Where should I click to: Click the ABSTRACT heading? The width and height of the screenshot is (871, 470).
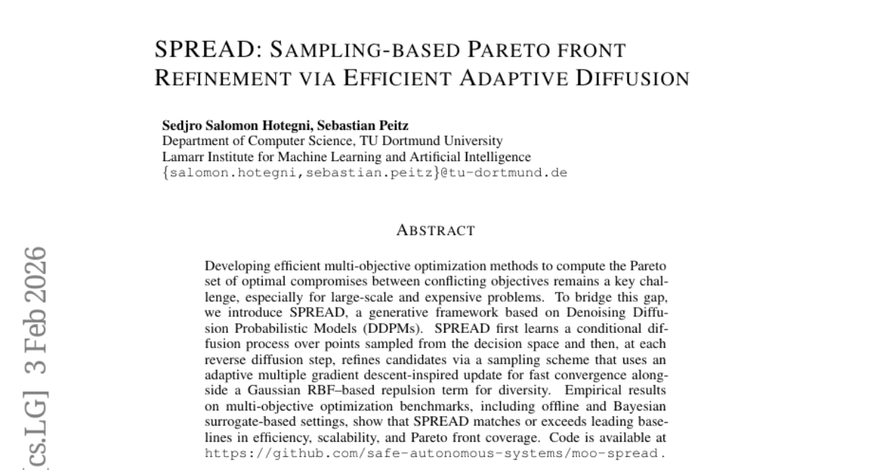(435, 231)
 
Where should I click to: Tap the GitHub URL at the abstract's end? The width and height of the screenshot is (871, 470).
(434, 454)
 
